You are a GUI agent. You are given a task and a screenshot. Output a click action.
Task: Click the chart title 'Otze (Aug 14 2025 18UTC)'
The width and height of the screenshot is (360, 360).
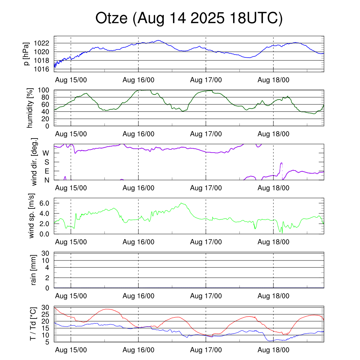click(x=189, y=19)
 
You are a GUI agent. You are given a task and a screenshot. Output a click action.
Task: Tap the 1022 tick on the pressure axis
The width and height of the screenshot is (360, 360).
click(x=44, y=43)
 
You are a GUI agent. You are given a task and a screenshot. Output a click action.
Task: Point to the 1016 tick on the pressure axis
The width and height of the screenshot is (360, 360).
click(x=44, y=69)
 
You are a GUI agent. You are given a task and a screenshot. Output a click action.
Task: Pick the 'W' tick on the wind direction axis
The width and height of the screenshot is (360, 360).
click(x=46, y=153)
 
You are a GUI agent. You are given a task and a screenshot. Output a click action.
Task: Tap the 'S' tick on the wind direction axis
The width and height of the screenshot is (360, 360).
click(x=47, y=162)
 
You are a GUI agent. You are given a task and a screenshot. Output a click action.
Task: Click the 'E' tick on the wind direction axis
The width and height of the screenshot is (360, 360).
click(x=47, y=171)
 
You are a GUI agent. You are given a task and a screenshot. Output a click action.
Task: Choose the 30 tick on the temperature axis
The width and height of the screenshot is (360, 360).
click(x=46, y=307)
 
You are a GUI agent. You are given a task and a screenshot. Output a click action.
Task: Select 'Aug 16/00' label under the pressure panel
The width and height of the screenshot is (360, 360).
click(x=139, y=80)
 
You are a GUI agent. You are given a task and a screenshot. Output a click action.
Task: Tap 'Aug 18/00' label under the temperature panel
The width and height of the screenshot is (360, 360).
click(x=274, y=350)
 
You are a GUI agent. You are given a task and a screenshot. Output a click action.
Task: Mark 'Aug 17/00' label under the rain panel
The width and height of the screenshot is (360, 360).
click(x=206, y=296)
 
